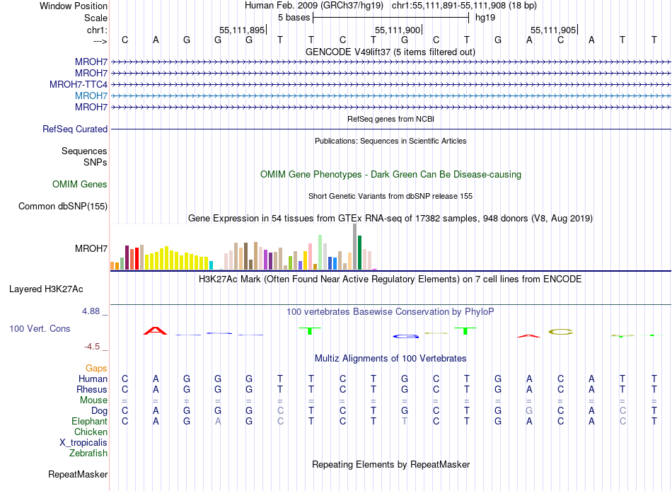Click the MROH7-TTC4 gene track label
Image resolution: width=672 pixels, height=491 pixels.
click(79, 84)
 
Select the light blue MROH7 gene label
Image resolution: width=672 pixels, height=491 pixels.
click(91, 96)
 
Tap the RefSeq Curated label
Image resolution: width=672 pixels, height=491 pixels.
click(75, 129)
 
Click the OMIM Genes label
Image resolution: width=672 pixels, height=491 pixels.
click(80, 185)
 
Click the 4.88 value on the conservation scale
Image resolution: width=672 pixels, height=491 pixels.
click(92, 311)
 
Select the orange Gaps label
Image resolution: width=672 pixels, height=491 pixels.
click(96, 369)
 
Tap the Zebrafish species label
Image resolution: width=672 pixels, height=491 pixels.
click(88, 453)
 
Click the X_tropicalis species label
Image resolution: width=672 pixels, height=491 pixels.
click(83, 442)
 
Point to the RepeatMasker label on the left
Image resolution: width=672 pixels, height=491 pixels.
click(78, 474)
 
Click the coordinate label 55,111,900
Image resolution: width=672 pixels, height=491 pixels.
click(398, 30)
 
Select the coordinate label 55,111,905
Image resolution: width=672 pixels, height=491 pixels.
click(553, 30)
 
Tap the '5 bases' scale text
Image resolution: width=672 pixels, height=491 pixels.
click(294, 17)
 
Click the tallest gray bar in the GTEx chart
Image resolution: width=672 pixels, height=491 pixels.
click(354, 246)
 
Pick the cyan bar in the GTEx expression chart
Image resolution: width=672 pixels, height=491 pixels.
click(212, 265)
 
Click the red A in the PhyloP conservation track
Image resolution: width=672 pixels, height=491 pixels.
click(155, 330)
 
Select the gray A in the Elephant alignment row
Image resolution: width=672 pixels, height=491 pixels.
click(219, 421)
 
